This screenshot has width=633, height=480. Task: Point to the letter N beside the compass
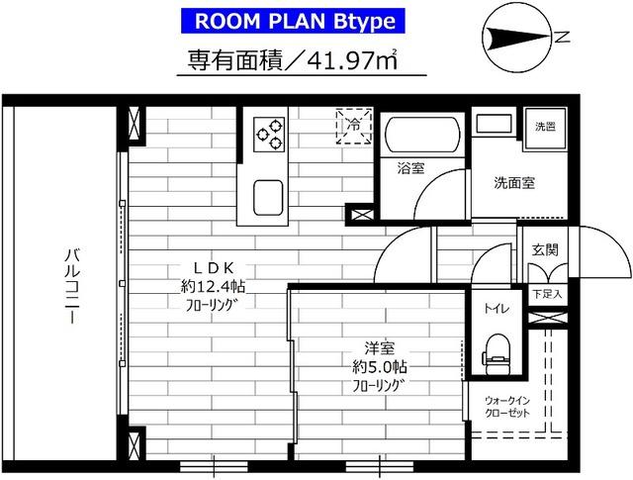[x=561, y=39]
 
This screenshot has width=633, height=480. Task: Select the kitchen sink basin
[x=268, y=195]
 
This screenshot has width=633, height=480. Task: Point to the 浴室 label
[x=409, y=168]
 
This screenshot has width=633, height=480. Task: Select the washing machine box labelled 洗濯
[x=544, y=127]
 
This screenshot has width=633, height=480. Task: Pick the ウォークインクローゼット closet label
[x=505, y=408]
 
